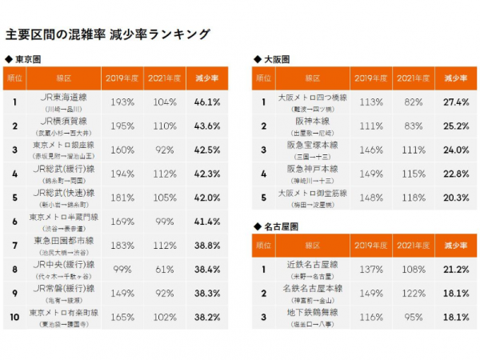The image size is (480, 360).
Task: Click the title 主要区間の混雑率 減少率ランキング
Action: (x=108, y=34)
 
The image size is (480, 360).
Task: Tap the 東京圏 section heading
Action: (x=27, y=60)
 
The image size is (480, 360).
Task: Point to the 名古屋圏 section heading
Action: (x=279, y=226)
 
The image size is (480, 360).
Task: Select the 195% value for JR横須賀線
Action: (x=122, y=126)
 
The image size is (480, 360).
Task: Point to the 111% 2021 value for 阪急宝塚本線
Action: (x=414, y=149)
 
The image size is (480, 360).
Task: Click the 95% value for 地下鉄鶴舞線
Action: (x=414, y=316)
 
